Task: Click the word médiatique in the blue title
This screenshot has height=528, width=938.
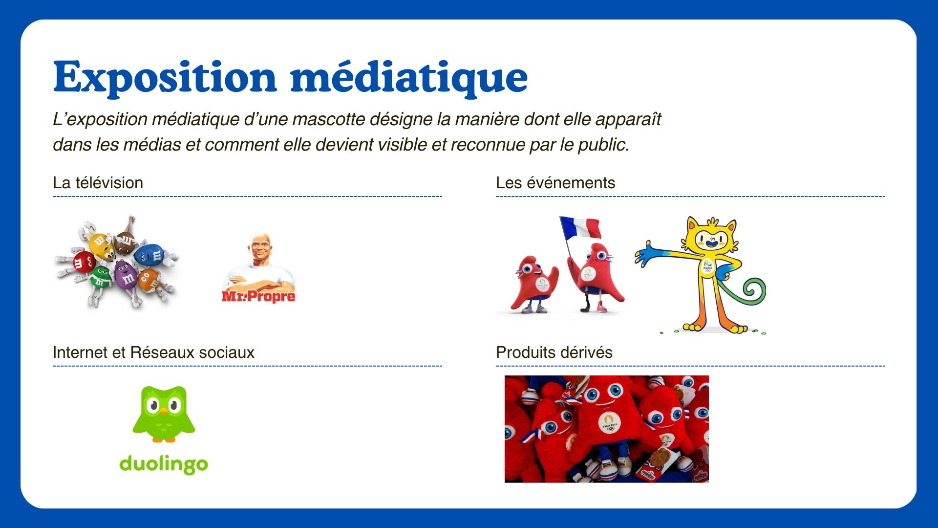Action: tap(409, 77)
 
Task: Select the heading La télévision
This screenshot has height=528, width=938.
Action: tap(98, 183)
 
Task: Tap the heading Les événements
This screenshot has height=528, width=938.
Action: tap(555, 183)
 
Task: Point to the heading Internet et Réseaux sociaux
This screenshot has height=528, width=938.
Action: tap(153, 352)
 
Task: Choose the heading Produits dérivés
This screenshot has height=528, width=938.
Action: tap(554, 352)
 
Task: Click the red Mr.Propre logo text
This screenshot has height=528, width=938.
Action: tap(258, 296)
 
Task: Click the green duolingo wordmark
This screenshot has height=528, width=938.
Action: tap(164, 464)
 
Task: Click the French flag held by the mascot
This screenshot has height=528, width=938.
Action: tap(581, 227)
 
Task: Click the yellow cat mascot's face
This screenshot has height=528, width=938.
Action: tap(711, 239)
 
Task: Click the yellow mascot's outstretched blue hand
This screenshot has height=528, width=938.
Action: tap(647, 254)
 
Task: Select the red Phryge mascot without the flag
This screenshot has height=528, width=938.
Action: tap(534, 284)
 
